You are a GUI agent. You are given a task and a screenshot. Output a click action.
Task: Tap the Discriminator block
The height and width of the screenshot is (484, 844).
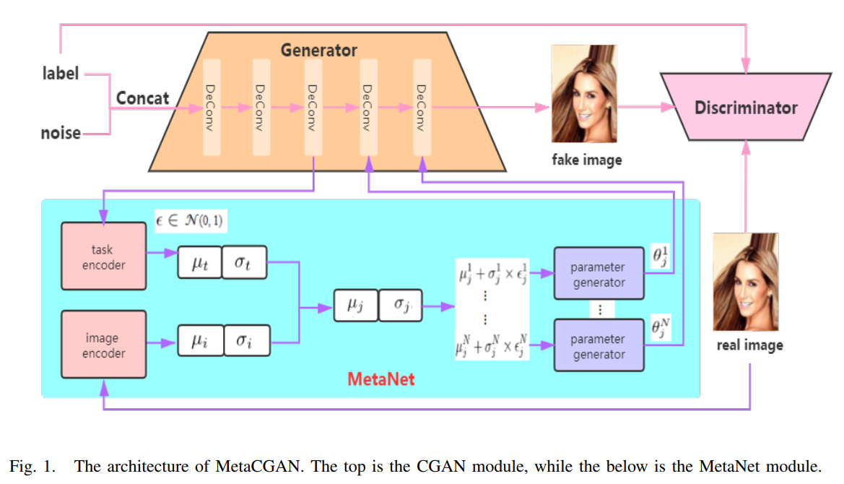pos(746,108)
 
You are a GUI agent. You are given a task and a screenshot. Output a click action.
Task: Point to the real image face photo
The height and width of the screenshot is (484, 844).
pos(746,282)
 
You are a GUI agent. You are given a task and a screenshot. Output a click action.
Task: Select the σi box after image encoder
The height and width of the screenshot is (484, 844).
pos(245,341)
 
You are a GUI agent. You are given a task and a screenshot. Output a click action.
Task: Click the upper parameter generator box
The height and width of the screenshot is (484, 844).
pos(599,275)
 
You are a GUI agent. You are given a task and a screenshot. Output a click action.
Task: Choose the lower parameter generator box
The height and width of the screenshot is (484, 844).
pos(599,347)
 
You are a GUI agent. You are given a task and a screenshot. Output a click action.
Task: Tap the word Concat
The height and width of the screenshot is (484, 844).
pos(143,98)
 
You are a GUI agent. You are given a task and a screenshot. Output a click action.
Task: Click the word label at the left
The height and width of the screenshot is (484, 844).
pos(60,73)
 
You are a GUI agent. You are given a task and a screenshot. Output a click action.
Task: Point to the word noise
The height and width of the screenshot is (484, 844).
pos(61,133)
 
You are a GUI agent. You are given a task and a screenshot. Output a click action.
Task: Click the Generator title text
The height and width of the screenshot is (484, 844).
pos(318,51)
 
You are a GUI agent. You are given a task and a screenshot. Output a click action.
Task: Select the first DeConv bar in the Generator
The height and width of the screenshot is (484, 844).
pos(212,108)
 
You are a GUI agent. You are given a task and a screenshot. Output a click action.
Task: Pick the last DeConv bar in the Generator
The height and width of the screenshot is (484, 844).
pos(422,108)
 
